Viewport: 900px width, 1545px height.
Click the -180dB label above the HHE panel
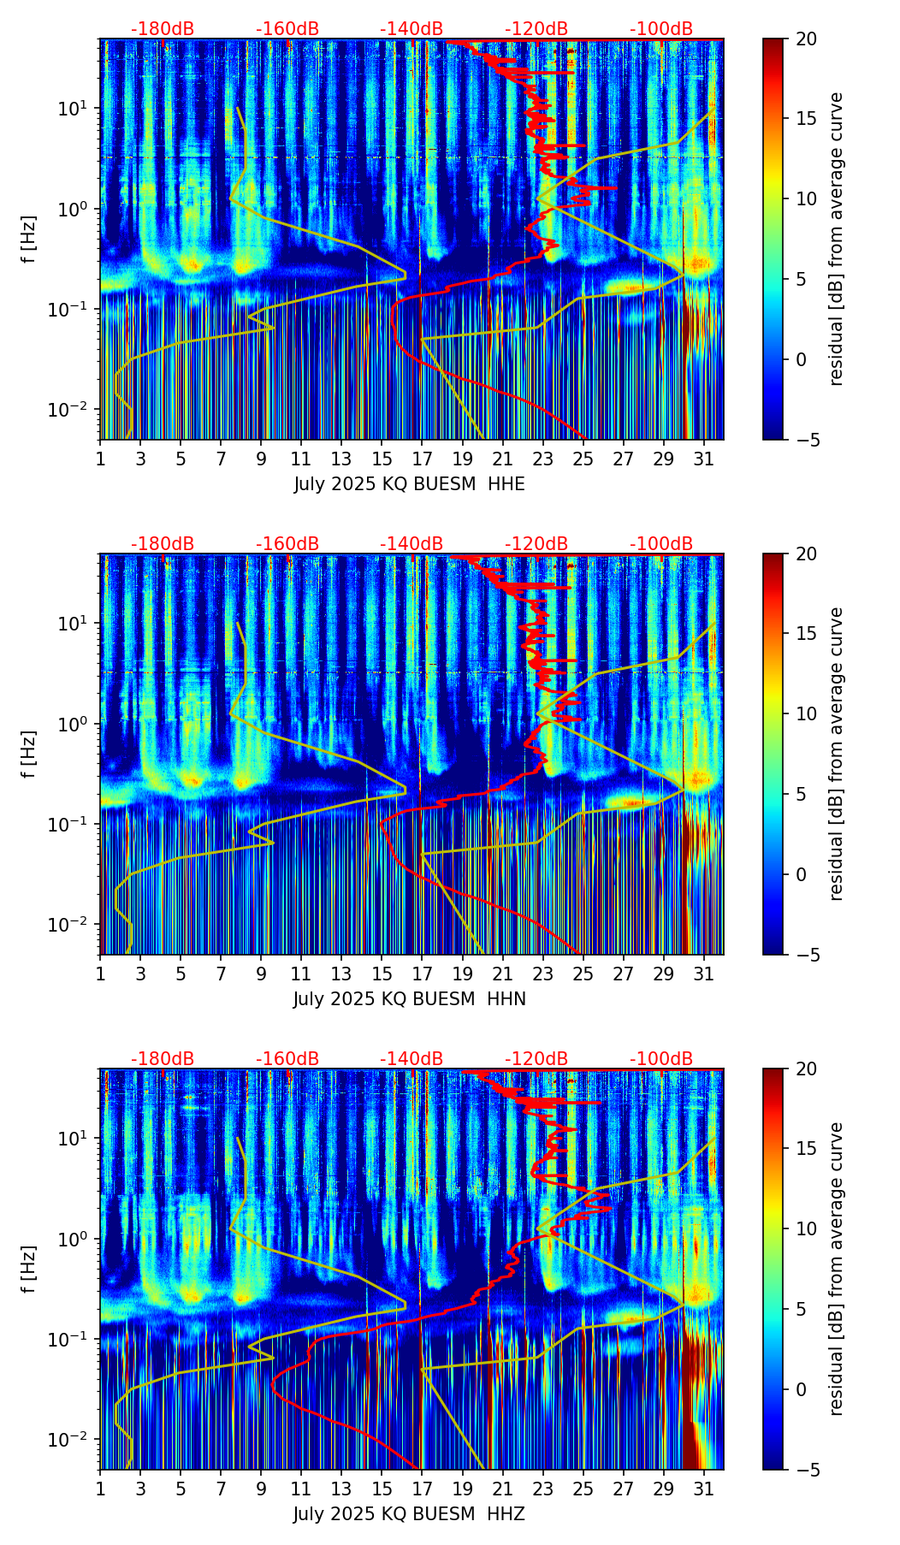tap(163, 29)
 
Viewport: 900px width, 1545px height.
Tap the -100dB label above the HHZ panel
tap(661, 1059)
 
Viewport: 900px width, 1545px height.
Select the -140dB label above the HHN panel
tap(412, 544)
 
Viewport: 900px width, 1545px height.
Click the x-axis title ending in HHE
tap(409, 484)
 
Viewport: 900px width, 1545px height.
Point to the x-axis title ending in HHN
tap(409, 999)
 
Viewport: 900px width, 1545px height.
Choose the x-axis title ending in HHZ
tap(409, 1514)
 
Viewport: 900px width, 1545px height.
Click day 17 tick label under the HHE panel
tap(422, 459)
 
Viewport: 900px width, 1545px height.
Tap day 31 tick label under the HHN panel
tap(703, 974)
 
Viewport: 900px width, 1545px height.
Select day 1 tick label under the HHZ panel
tap(101, 1489)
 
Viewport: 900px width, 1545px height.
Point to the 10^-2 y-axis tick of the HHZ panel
tap(78, 1440)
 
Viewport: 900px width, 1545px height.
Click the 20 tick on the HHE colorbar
tap(806, 39)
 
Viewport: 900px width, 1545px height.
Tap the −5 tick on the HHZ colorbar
tap(806, 1470)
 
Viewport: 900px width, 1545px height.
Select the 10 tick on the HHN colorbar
tap(806, 713)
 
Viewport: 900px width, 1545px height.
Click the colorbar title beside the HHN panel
tap(836, 754)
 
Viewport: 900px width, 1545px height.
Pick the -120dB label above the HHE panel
tap(536, 29)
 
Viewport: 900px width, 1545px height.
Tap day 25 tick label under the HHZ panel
tap(583, 1489)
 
